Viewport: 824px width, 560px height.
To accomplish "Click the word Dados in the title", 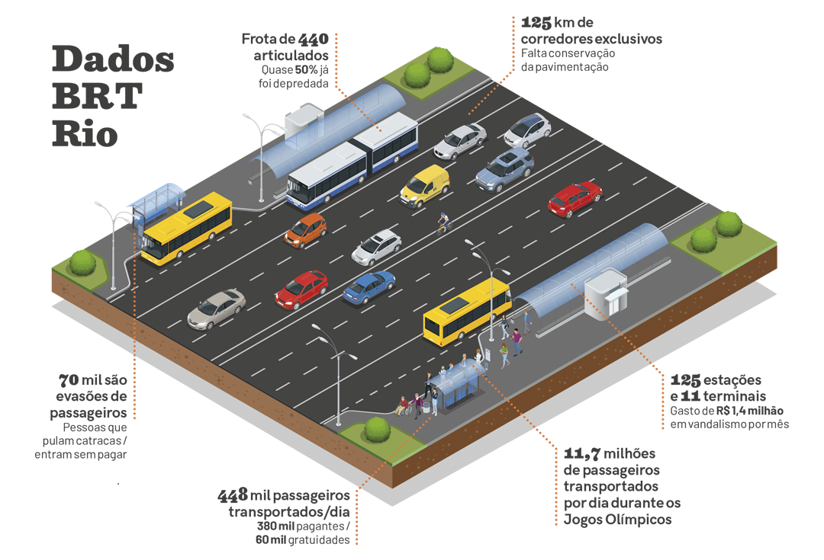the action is pyautogui.click(x=113, y=59).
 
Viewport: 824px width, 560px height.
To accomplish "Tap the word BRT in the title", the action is pyautogui.click(x=97, y=96).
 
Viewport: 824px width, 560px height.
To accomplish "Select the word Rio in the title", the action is pyautogui.click(x=85, y=133).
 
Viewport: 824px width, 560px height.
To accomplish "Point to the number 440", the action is pyautogui.click(x=314, y=39).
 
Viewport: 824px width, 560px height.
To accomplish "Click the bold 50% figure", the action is pyautogui.click(x=306, y=70).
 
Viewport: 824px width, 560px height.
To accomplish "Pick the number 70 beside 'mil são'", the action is pyautogui.click(x=69, y=379).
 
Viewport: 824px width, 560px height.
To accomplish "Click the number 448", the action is pyautogui.click(x=233, y=494).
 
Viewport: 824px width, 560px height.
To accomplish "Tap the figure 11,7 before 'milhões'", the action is pyautogui.click(x=582, y=453).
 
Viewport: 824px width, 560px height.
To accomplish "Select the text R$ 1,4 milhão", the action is pyautogui.click(x=749, y=411).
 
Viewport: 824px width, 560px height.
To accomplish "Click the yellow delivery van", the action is pyautogui.click(x=425, y=186).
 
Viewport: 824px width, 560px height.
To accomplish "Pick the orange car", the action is pyautogui.click(x=305, y=230).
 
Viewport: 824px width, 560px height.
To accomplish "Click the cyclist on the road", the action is pyautogui.click(x=444, y=223).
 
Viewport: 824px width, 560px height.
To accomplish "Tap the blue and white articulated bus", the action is pyautogui.click(x=352, y=159).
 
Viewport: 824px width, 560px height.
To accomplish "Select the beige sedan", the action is pyautogui.click(x=216, y=309).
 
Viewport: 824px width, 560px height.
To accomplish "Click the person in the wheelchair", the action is pyautogui.click(x=402, y=405).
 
